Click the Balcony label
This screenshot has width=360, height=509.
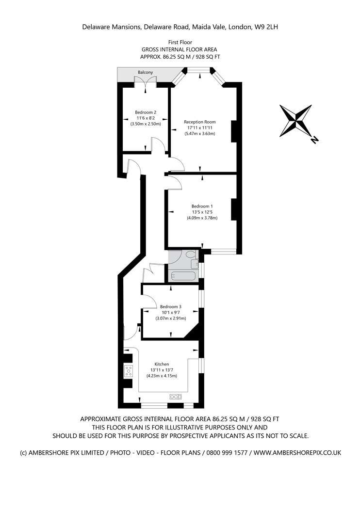[x=145, y=72]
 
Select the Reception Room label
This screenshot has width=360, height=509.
[x=200, y=122]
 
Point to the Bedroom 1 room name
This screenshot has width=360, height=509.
[x=202, y=206]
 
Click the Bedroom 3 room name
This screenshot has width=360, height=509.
[x=171, y=306]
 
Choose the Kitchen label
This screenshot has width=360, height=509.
[x=162, y=364]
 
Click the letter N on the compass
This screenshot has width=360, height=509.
[x=314, y=140]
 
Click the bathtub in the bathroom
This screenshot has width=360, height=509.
[x=183, y=276]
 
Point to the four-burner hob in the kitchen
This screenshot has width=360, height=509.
[x=129, y=371]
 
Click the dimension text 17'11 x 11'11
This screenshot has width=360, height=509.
[x=200, y=127]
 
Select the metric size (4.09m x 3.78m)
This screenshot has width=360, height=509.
[x=202, y=218]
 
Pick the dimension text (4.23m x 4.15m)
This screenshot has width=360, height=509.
[x=162, y=376]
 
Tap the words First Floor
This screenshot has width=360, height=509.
[x=180, y=42]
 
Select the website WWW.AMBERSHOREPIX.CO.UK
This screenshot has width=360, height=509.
[x=297, y=452]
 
